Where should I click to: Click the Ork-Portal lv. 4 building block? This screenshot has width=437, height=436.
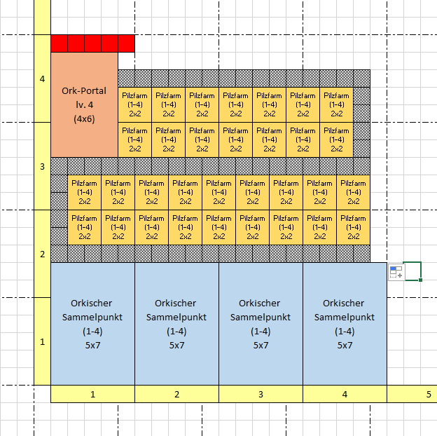pyautogui.click(x=84, y=104)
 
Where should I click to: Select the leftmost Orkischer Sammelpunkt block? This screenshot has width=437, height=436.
pyautogui.click(x=93, y=324)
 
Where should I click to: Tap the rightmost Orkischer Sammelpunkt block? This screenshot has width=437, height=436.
pyautogui.click(x=345, y=324)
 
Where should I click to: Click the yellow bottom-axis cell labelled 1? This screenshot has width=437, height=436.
pyautogui.click(x=93, y=394)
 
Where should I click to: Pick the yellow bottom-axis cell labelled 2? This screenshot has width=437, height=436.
pyautogui.click(x=177, y=394)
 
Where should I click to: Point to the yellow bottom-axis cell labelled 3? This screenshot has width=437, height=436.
pyautogui.click(x=261, y=394)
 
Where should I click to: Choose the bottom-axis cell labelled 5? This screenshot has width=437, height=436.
pyautogui.click(x=412, y=394)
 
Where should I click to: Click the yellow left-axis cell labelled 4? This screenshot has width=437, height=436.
pyautogui.click(x=42, y=79)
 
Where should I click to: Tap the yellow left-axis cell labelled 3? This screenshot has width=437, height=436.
pyautogui.click(x=42, y=166)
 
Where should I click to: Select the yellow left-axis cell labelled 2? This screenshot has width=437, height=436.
pyautogui.click(x=42, y=254)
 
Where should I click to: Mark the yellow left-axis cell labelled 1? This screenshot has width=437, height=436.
pyautogui.click(x=42, y=341)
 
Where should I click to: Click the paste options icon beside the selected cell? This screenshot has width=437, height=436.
pyautogui.click(x=396, y=272)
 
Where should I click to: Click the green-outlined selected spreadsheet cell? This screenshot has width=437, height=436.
pyautogui.click(x=412, y=271)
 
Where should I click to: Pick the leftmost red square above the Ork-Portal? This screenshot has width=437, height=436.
pyautogui.click(x=60, y=43)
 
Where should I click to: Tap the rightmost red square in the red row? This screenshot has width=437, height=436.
pyautogui.click(x=127, y=43)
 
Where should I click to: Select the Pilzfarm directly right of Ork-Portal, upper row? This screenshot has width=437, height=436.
pyautogui.click(x=135, y=104)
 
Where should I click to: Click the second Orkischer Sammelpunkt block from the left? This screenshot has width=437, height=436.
pyautogui.click(x=177, y=324)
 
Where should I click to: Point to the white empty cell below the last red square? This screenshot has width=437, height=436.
pyautogui.click(x=127, y=61)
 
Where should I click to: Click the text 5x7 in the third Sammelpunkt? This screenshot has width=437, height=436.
pyautogui.click(x=261, y=346)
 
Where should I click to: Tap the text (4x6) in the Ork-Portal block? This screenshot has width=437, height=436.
pyautogui.click(x=84, y=119)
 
